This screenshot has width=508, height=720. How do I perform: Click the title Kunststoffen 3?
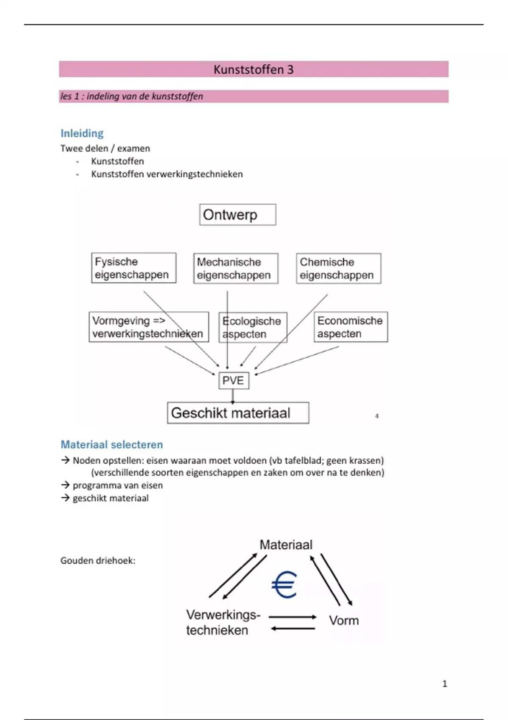coord(253,69)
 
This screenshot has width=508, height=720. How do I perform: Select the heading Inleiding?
coord(82,133)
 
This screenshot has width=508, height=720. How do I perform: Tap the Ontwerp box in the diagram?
coord(237,215)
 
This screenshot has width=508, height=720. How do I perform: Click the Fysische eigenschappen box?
coord(133,268)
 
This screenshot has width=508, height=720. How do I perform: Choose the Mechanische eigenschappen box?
coord(235,269)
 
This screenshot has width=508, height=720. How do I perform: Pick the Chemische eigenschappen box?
coord(338,269)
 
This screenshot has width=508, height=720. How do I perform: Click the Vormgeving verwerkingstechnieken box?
coord(148,327)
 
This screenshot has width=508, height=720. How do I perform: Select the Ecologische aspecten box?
coord(253,327)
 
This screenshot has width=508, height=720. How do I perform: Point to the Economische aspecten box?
coord(351,327)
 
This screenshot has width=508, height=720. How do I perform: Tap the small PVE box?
coord(233,380)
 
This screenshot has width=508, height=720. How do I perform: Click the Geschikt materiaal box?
coord(238,413)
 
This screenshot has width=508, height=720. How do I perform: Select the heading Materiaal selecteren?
coord(112,445)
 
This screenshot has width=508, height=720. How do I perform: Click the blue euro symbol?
coord(284,584)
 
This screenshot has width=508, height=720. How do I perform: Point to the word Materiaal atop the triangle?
coord(286,545)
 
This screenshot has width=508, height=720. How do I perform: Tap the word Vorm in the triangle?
coord(344,620)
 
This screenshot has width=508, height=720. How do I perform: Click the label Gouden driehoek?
coord(98,561)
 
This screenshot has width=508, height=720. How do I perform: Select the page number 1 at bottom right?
coord(444,684)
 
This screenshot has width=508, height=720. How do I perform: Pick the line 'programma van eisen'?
coord(117,485)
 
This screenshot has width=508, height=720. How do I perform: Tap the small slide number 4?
coord(377,416)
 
